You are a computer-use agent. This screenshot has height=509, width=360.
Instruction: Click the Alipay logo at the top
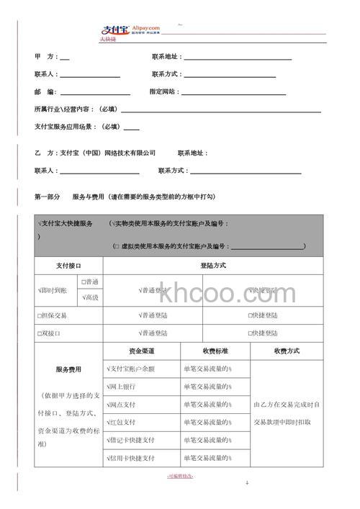click(x=129, y=30)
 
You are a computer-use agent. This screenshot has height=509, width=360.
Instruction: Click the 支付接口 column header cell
click(x=69, y=266)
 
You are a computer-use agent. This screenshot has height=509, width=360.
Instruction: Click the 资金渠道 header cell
click(x=142, y=351)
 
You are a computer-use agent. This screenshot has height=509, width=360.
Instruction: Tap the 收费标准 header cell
click(x=215, y=351)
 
